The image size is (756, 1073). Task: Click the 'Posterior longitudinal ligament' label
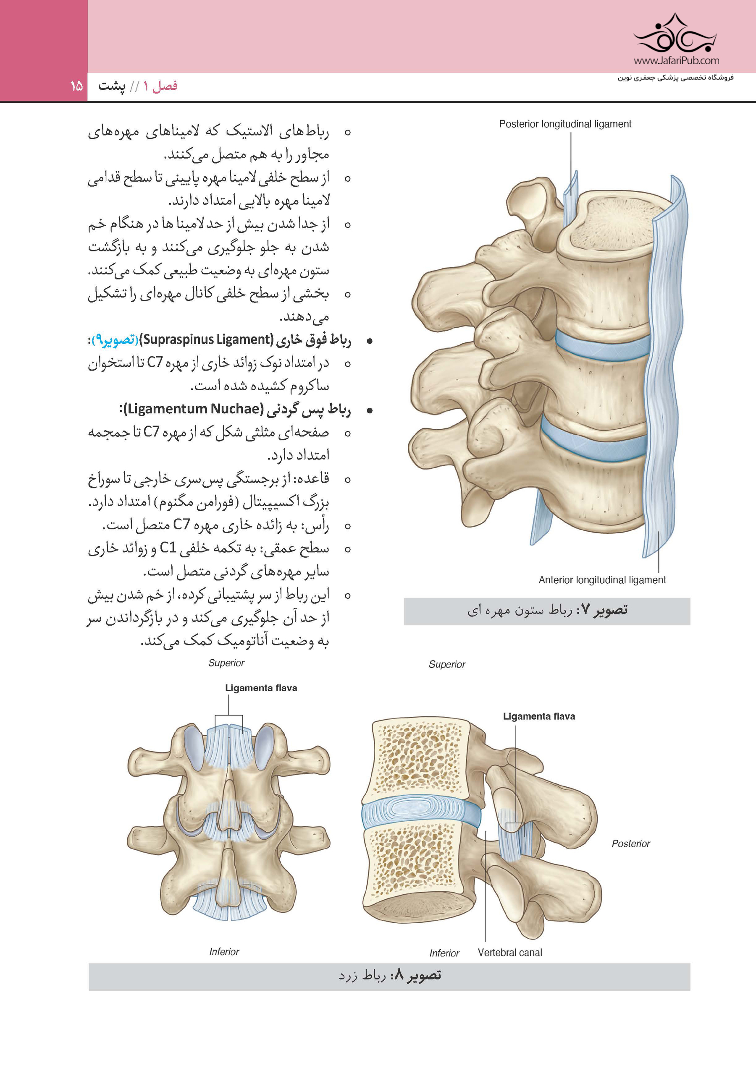coord(565,124)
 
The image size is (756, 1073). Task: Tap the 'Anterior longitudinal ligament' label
coord(602,580)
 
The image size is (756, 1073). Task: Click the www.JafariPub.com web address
coord(677,60)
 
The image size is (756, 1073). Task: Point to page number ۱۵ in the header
coord(76,86)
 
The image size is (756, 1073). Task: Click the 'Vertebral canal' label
coord(510,953)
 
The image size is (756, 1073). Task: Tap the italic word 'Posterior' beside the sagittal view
coord(630,843)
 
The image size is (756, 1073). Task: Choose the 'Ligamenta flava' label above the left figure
coord(261,688)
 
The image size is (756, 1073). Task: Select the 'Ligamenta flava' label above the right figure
coord(539,716)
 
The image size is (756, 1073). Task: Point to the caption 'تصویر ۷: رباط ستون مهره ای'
coord(547,610)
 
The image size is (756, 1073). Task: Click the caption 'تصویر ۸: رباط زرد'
coord(390,976)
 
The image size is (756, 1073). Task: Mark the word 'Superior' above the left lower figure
coord(226,663)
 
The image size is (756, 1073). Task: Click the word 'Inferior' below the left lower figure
coord(224,951)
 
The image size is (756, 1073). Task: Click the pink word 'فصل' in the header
coord(165,86)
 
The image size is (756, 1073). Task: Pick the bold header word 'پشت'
coord(112,86)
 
